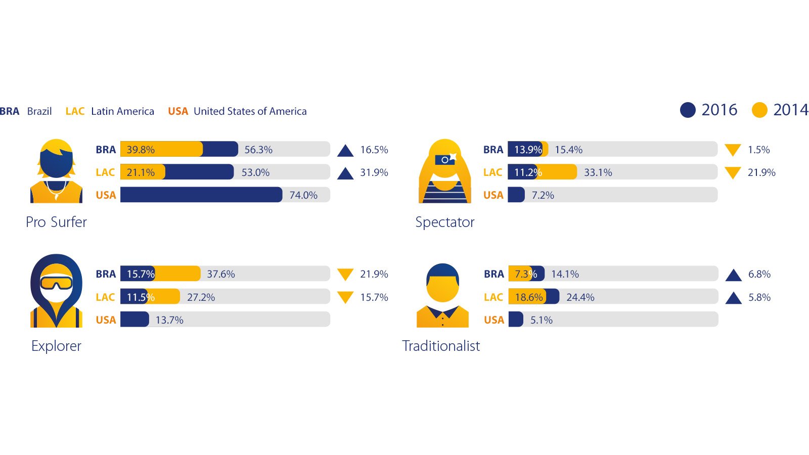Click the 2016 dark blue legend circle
[x=688, y=110]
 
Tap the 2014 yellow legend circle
[x=759, y=110]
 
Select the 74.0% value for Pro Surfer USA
[x=303, y=195]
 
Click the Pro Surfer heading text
[x=56, y=222]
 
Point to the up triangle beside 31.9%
[x=345, y=173]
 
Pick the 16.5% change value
[x=374, y=150]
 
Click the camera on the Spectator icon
[x=445, y=159]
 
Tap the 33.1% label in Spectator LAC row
[x=598, y=172]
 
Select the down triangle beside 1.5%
[x=733, y=150]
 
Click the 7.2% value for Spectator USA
[x=543, y=195]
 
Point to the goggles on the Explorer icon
[x=56, y=282]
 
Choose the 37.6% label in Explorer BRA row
[x=221, y=274]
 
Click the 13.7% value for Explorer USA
[x=169, y=320]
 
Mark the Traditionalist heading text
[x=441, y=346]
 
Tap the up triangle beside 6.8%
[x=733, y=275]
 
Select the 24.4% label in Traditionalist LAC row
[x=580, y=297]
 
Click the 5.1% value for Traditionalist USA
[x=541, y=320]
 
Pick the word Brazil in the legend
[x=39, y=111]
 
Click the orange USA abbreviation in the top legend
[x=178, y=111]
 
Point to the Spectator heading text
[x=445, y=222]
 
